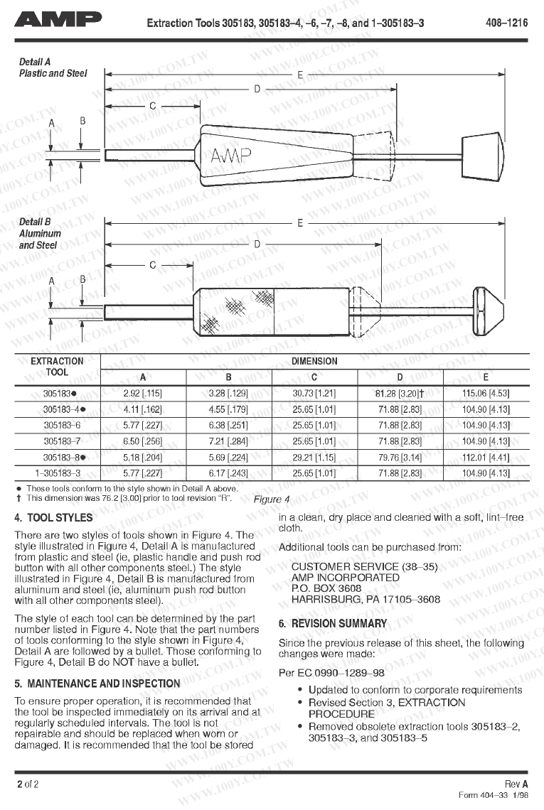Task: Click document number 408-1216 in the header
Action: [x=506, y=23]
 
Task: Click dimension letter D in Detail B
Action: [x=257, y=244]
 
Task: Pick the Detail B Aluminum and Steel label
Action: [x=40, y=234]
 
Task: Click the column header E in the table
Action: [x=486, y=377]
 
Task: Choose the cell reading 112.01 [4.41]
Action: [x=486, y=458]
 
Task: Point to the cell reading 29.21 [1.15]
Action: [x=314, y=458]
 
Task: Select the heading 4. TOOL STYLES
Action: [x=53, y=518]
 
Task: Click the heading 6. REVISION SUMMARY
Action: [x=333, y=624]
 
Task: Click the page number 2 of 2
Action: [x=28, y=784]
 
